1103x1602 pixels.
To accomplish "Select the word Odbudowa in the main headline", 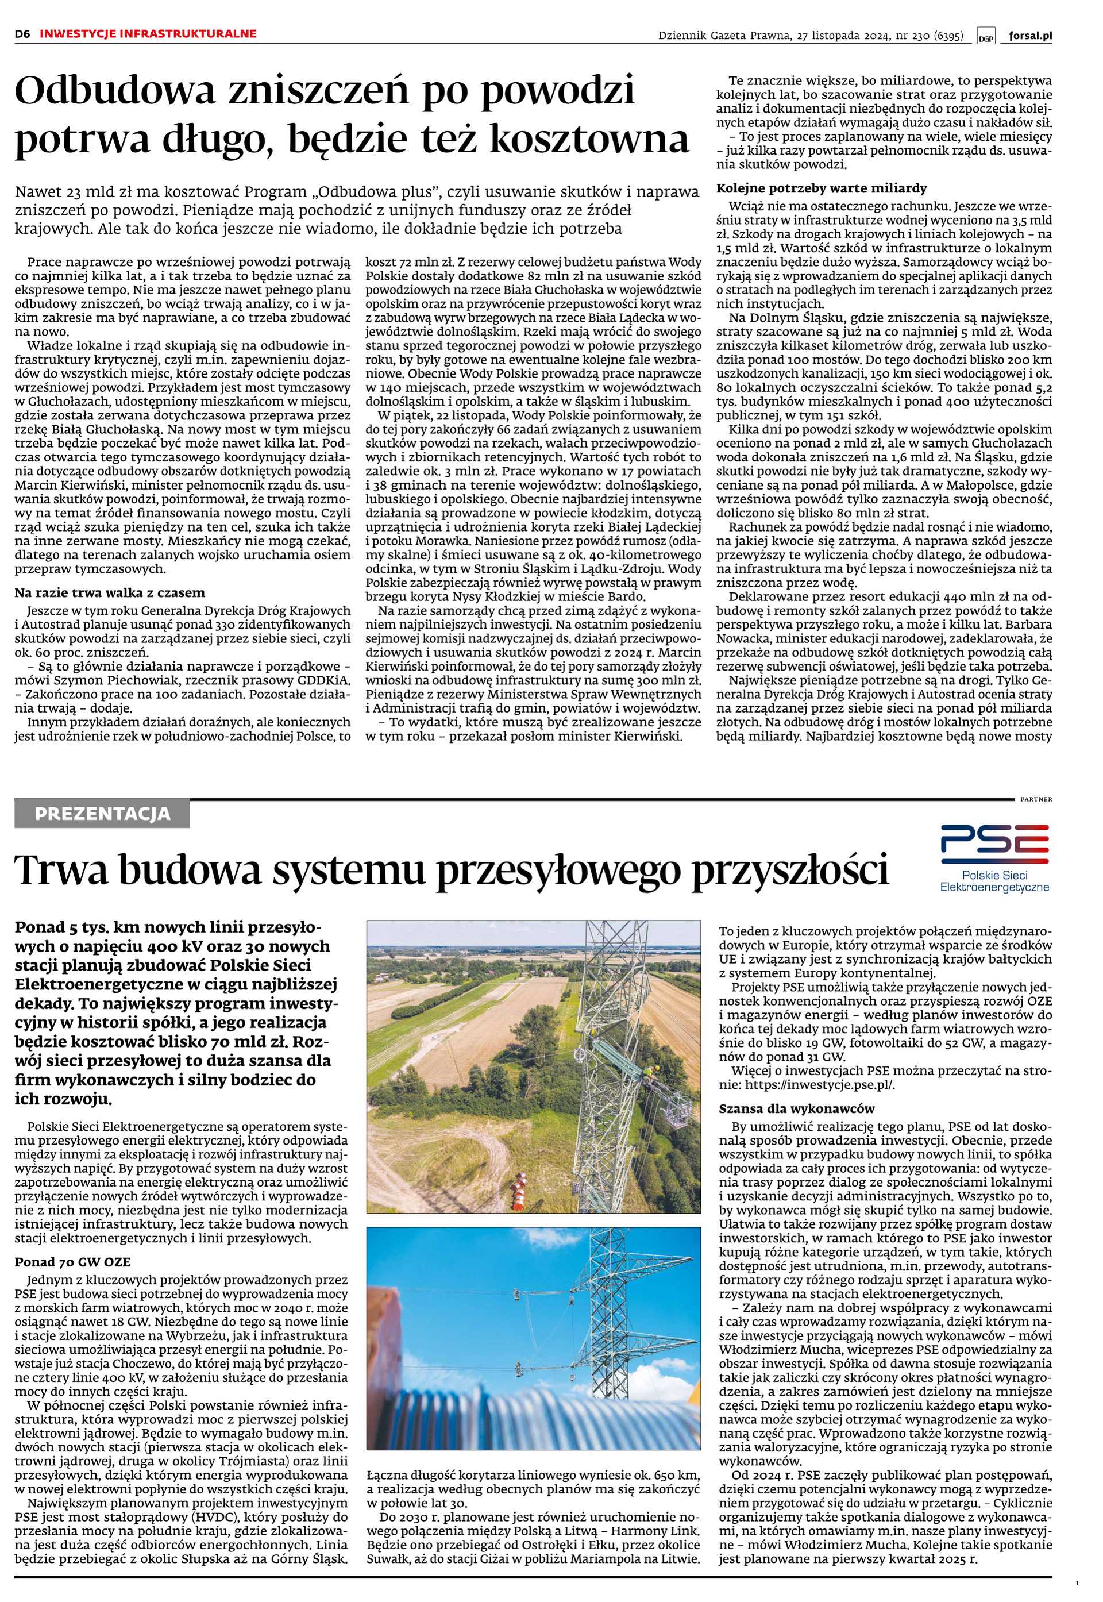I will click(110, 92).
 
